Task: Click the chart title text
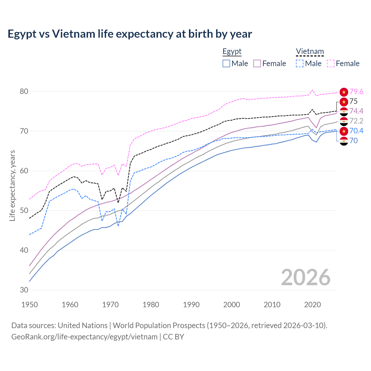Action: tap(130, 34)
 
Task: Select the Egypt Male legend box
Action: tap(226, 63)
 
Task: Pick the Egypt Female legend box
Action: tap(257, 63)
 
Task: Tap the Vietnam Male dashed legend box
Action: tap(300, 63)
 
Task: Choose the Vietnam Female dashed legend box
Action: tap(330, 63)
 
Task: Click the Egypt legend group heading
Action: tap(232, 52)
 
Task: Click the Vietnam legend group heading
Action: tap(310, 52)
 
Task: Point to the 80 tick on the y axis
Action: tap(24, 92)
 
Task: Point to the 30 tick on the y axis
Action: tap(24, 290)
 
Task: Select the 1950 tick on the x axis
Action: tap(30, 305)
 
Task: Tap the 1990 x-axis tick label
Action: tap(191, 305)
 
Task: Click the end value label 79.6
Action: tap(356, 92)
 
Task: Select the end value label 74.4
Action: tap(356, 111)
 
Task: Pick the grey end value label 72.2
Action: tap(356, 121)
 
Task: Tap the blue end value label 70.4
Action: tap(356, 131)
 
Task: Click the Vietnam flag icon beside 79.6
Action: tap(344, 92)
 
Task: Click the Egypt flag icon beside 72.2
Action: tap(344, 121)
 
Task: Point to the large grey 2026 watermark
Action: tap(305, 277)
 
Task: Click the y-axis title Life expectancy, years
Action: tap(12, 185)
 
